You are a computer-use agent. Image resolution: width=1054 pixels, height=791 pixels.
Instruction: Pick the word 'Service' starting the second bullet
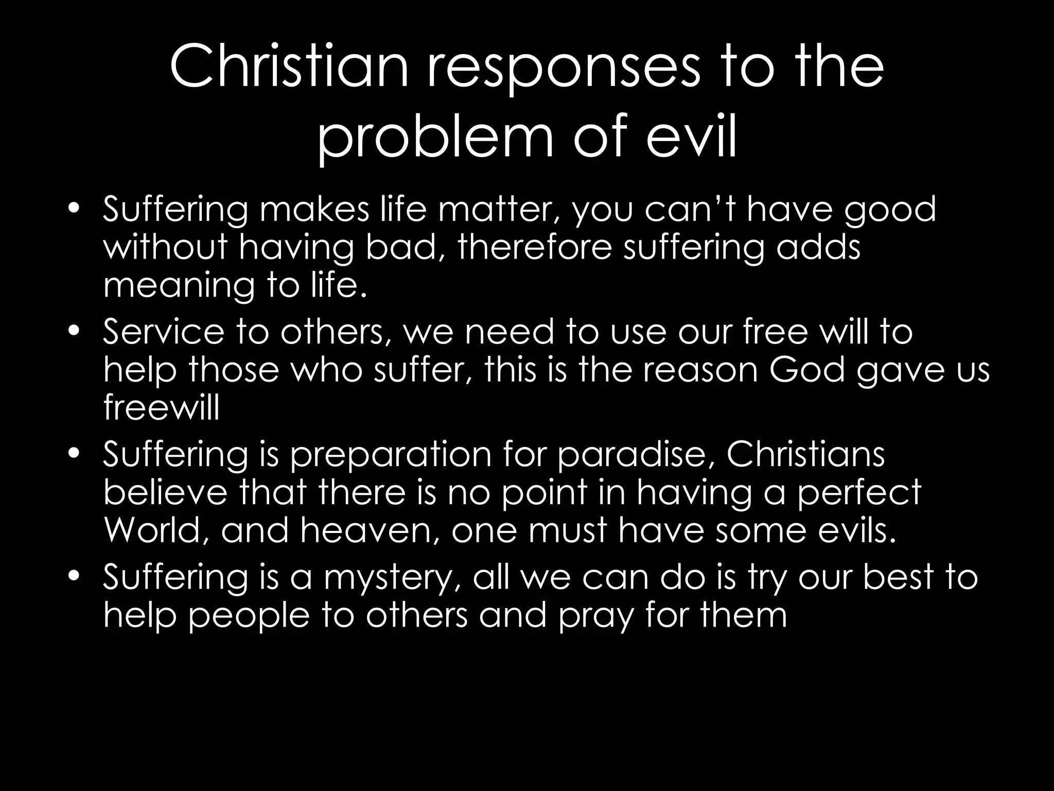pyautogui.click(x=164, y=331)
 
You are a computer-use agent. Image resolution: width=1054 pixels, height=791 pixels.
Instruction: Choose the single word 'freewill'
pyautogui.click(x=162, y=408)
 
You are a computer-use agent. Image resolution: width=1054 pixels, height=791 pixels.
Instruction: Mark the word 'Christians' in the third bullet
pyautogui.click(x=805, y=454)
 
